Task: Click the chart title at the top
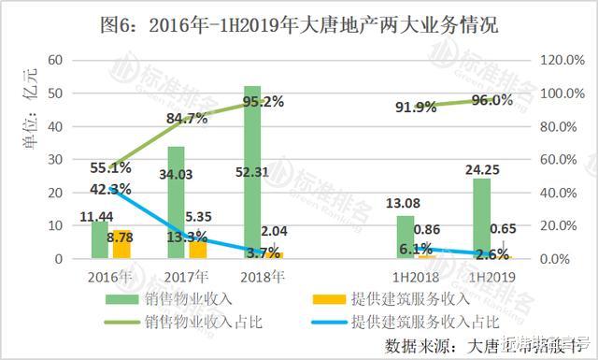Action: [x=299, y=25]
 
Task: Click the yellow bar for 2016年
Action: [x=122, y=244]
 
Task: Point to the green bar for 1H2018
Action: [x=405, y=237]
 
